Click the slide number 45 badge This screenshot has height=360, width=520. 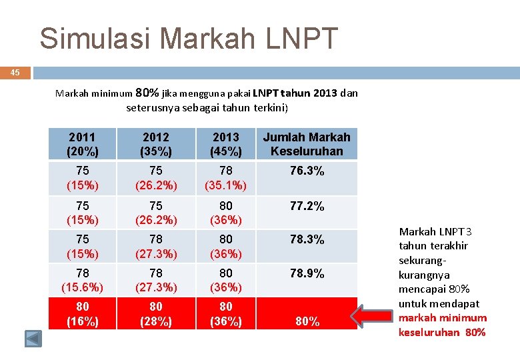point(15,73)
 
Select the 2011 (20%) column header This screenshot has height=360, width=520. point(83,144)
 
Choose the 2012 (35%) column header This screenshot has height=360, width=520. point(155,144)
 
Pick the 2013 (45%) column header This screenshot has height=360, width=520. point(226,144)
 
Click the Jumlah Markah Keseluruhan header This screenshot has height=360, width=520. point(307,144)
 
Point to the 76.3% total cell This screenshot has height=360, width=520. point(307,171)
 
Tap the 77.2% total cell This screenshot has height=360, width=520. point(307,207)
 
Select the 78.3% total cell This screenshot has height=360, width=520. point(307,239)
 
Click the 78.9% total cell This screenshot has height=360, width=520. point(307,273)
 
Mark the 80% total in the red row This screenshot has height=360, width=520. point(307,321)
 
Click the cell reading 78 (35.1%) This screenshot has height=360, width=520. point(226,178)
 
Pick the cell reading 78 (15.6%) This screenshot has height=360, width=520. point(83,280)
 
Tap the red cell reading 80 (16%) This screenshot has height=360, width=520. point(83,314)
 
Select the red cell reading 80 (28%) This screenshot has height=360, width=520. point(155,314)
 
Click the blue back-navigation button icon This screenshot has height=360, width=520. point(33,338)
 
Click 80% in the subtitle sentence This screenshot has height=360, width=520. point(147,93)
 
